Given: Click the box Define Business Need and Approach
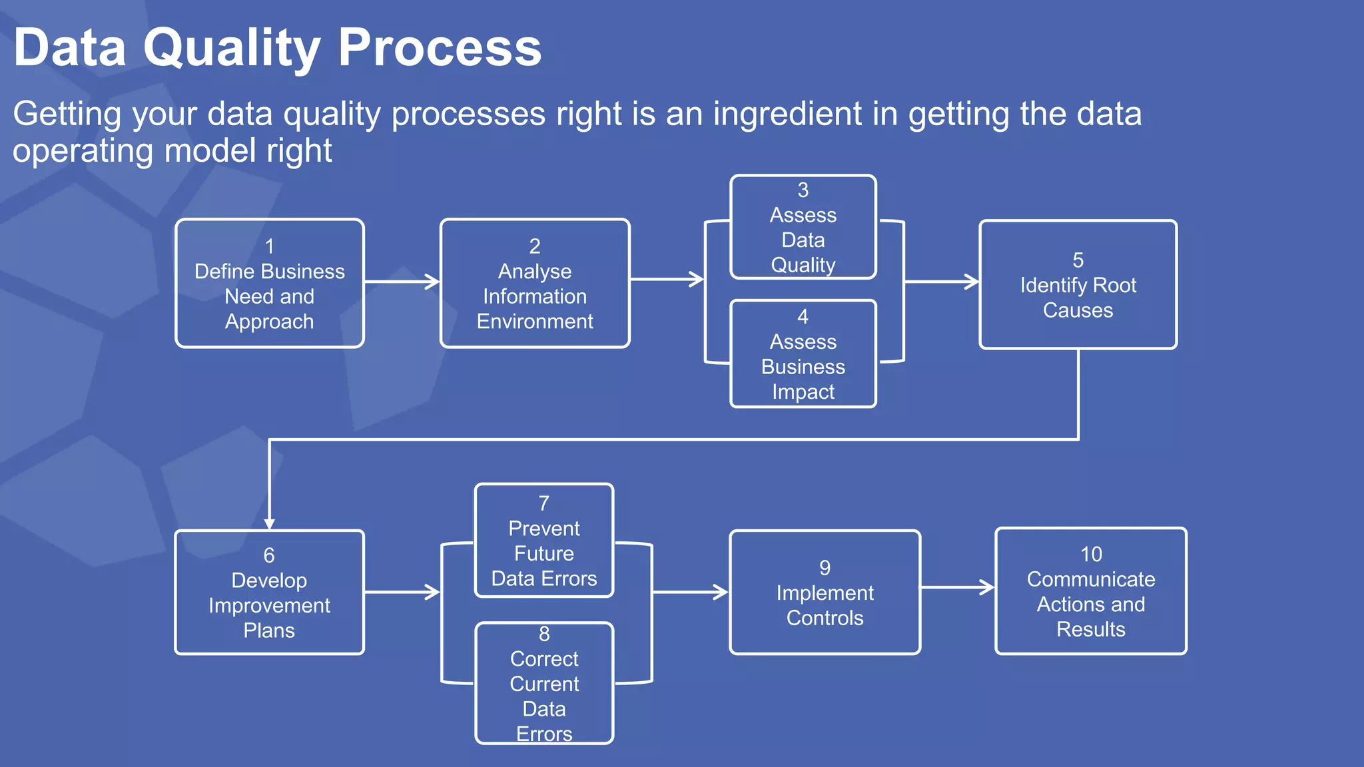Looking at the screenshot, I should pos(270,284).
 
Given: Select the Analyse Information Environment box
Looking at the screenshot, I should pos(535,284).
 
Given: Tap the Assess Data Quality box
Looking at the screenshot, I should pos(803,227).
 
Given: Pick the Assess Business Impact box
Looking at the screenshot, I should pos(803,354).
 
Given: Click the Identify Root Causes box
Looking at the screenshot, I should pos(1078,285).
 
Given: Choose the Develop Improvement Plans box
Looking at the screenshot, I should pos(269,593).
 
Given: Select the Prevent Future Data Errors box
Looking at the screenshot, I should pos(544,541).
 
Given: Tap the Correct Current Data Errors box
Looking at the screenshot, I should pos(544,683).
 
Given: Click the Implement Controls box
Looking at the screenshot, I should pos(825,593).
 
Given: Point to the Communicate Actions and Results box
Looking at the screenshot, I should pos(1091,591).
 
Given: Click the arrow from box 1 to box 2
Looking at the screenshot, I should pos(402,282).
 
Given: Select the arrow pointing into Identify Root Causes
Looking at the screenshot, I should pos(942,282).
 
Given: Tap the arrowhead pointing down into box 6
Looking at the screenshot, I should pos(269,523).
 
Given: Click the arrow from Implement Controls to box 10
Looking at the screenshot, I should pos(958,587).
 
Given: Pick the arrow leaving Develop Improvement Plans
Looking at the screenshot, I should pos(402,591).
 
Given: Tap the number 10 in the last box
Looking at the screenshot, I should pos(1091,554).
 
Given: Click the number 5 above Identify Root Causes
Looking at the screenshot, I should pos(1078,260).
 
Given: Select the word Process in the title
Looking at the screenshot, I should pos(440,48).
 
